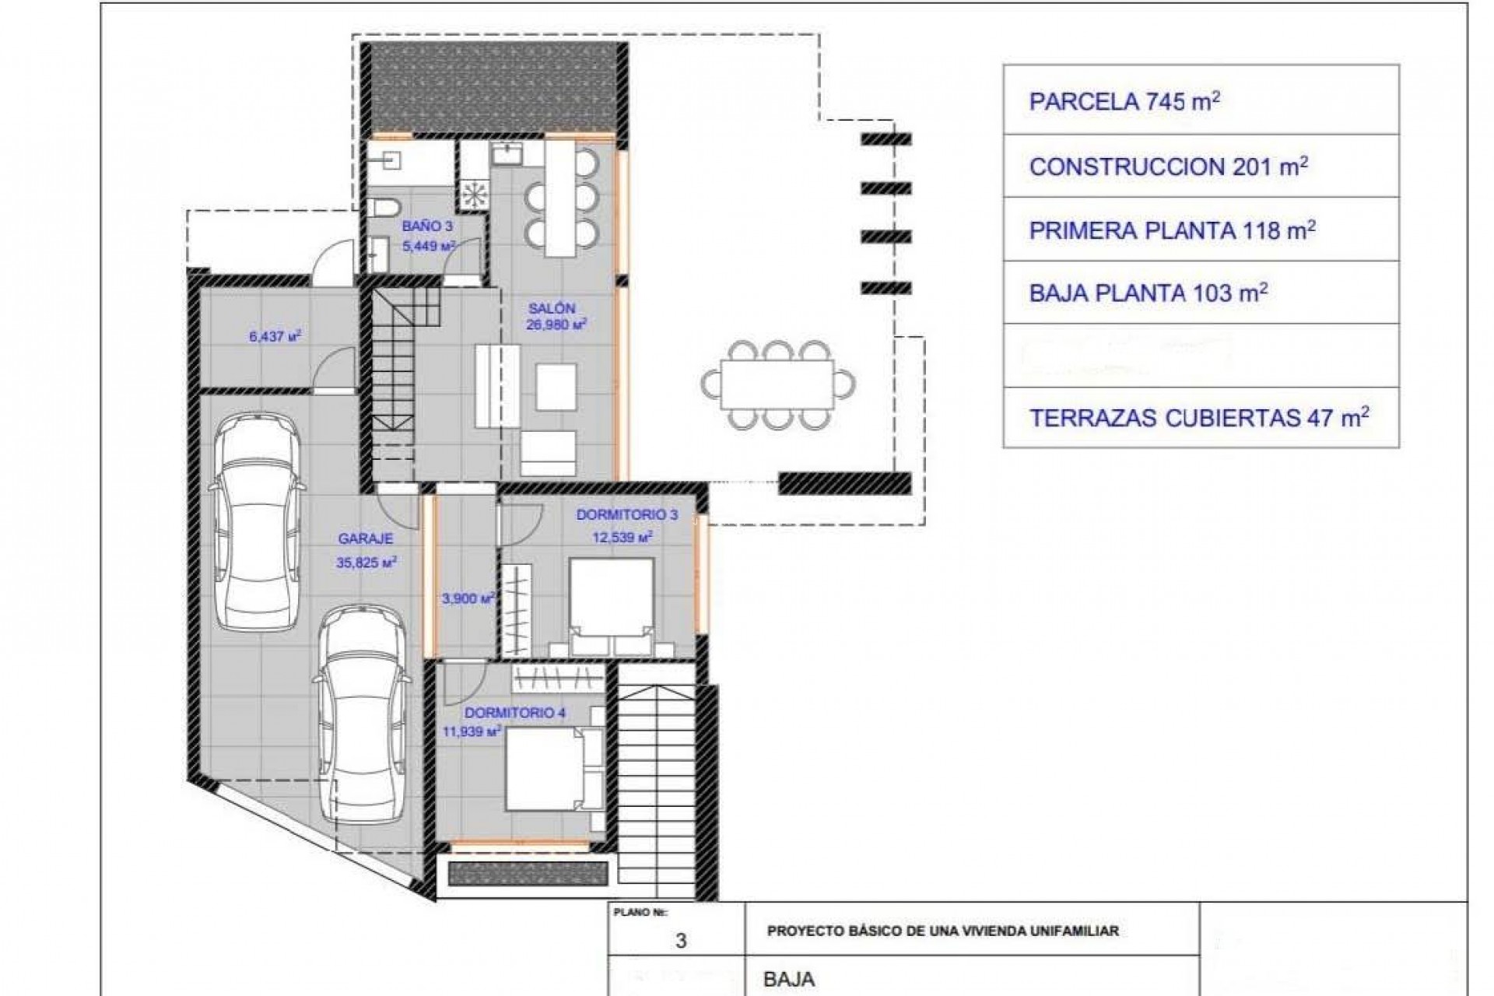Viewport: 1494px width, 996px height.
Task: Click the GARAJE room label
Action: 365,538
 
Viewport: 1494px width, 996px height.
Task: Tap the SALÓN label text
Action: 552,308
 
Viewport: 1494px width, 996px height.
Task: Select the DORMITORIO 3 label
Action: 626,515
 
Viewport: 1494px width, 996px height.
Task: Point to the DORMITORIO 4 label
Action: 514,713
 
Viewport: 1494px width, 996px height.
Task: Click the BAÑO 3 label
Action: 427,226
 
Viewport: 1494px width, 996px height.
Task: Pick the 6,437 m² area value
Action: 275,338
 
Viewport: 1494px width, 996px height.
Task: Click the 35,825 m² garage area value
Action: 366,563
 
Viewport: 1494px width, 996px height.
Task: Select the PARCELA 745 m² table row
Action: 1201,102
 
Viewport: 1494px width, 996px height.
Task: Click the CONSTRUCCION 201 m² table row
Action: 1201,167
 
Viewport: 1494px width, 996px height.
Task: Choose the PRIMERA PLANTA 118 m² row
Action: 1201,230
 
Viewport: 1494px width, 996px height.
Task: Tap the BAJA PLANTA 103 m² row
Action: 1201,293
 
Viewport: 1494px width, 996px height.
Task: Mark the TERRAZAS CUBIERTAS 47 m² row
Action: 1201,418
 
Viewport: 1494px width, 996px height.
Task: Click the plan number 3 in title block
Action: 681,941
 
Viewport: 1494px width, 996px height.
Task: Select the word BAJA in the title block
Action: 789,979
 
